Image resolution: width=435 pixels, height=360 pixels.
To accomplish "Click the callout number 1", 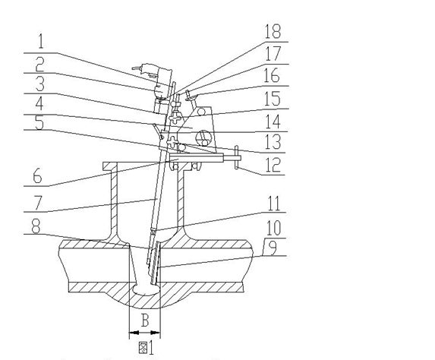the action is coord(41,42).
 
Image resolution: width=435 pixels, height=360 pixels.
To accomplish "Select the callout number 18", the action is coord(273,31).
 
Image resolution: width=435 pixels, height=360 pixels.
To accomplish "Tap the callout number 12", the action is coord(273,165).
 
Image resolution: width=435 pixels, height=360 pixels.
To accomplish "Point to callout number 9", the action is coord(273,248).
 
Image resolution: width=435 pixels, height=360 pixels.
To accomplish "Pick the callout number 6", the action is coord(37,176).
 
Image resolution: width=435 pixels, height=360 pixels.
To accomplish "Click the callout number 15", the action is coord(272,99).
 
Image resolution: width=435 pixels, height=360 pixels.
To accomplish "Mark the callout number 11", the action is coord(273,204).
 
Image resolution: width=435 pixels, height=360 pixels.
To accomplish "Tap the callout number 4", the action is coord(39,104).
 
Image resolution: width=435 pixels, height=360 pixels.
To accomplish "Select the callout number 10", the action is coord(273,228).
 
